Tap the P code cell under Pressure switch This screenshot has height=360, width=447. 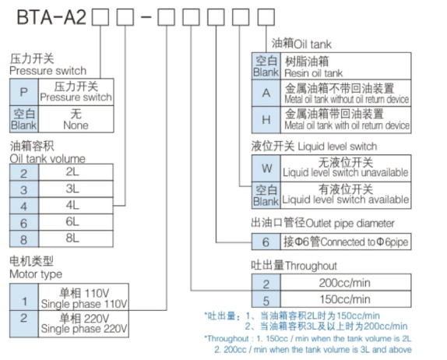pyautogui.click(x=23, y=92)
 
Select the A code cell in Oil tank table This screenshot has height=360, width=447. pyautogui.click(x=266, y=93)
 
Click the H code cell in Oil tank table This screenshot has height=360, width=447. pyautogui.click(x=266, y=119)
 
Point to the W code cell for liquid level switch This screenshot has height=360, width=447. pyautogui.click(x=266, y=167)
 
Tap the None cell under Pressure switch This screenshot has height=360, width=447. pyautogui.click(x=76, y=118)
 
